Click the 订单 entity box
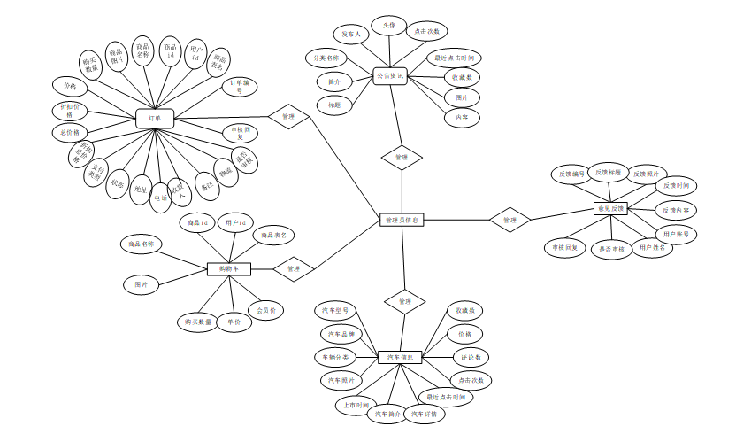pyautogui.click(x=155, y=119)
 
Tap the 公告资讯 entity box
pyautogui.click(x=389, y=76)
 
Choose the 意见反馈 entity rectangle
pyautogui.click(x=609, y=209)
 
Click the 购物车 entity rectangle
pyautogui.click(x=229, y=268)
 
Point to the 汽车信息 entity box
pyautogui.click(x=401, y=358)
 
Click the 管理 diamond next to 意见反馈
pyautogui.click(x=510, y=220)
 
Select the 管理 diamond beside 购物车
pyautogui.click(x=294, y=267)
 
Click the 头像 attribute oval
pyautogui.click(x=389, y=26)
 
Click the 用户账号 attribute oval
pyautogui.click(x=677, y=234)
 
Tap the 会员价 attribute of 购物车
pyautogui.click(x=266, y=311)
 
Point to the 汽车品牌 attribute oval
pyautogui.click(x=341, y=334)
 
